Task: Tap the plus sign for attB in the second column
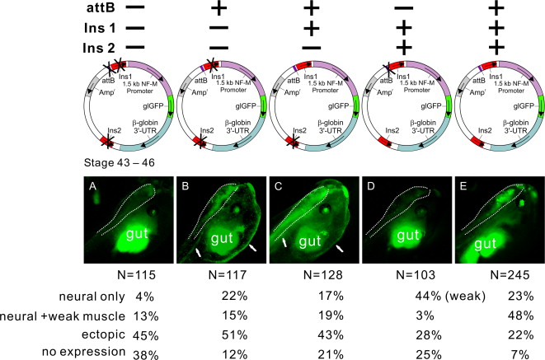pyautogui.click(x=221, y=9)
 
